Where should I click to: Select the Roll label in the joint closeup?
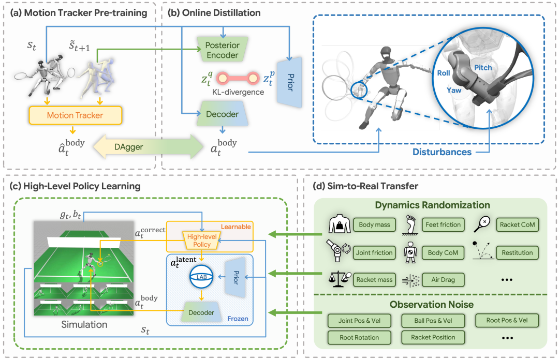[443, 73]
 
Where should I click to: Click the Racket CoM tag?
[515, 225]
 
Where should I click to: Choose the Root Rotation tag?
[360, 337]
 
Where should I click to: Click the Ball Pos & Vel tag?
[433, 320]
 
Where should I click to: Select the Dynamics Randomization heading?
[433, 205]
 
